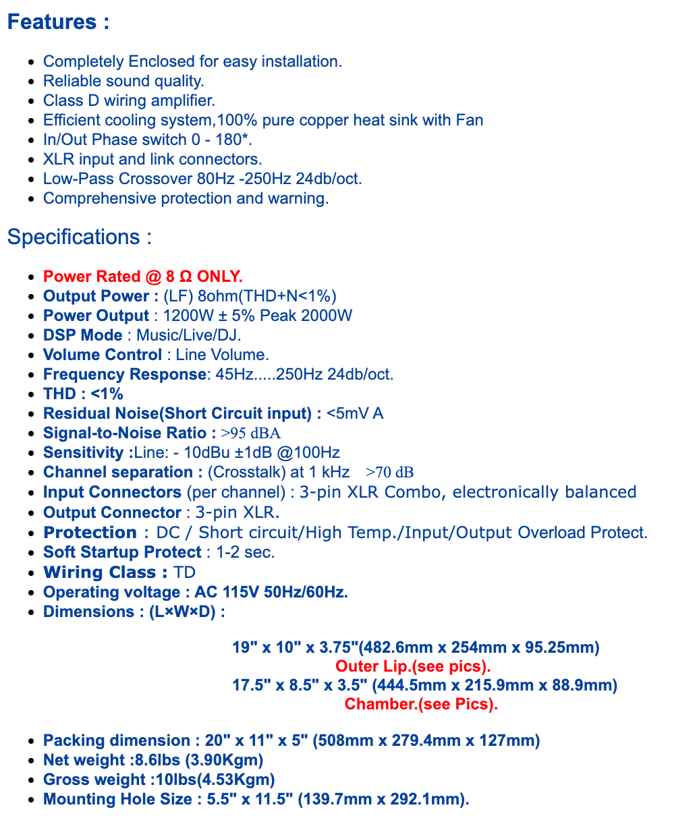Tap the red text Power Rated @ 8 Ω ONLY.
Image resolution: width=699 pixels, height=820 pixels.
(142, 276)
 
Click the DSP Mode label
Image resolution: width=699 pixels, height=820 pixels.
(82, 335)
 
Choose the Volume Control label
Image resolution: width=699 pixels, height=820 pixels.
(102, 355)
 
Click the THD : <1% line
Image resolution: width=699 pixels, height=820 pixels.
(83, 394)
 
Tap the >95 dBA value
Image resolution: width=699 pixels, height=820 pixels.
(250, 433)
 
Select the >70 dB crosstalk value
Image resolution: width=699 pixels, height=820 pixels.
(389, 472)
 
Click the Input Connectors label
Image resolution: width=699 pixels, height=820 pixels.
(112, 492)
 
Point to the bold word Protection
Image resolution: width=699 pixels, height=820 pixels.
(90, 532)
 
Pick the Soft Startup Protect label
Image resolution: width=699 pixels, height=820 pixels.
(122, 552)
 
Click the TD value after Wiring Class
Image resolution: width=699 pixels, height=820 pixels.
(184, 573)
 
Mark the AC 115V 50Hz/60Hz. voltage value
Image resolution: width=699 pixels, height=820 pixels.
(271, 592)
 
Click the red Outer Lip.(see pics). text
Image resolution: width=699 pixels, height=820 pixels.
(413, 666)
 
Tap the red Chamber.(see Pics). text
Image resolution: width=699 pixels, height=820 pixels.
(421, 704)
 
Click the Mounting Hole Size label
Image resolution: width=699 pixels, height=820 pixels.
(117, 799)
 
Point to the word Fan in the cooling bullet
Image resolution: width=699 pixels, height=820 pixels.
(470, 120)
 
